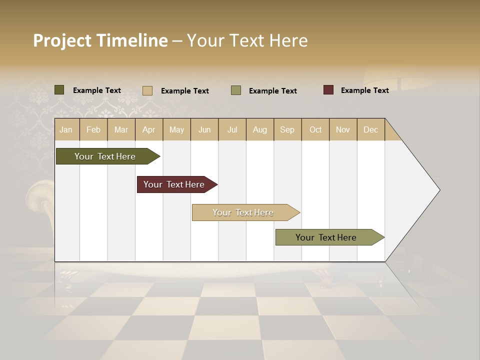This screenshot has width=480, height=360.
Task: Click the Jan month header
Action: pyautogui.click(x=66, y=129)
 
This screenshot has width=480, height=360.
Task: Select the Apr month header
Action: pyautogui.click(x=148, y=129)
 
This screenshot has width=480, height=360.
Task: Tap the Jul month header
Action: pyautogui.click(x=232, y=129)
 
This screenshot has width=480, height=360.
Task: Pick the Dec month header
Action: pyautogui.click(x=370, y=129)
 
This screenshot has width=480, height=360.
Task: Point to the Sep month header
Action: pyautogui.click(x=287, y=129)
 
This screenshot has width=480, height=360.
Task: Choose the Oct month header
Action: pyautogui.click(x=315, y=129)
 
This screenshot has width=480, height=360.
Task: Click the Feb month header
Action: pyautogui.click(x=93, y=129)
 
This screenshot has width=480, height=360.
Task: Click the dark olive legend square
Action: pyautogui.click(x=59, y=90)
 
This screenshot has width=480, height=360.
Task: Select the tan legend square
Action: pyautogui.click(x=147, y=90)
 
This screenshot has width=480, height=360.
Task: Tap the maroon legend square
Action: pyautogui.click(x=328, y=90)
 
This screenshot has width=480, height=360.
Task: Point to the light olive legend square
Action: pyautogui.click(x=236, y=90)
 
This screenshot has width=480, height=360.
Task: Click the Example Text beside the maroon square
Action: pyautogui.click(x=364, y=90)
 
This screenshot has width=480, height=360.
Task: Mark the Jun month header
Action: pyautogui.click(x=204, y=129)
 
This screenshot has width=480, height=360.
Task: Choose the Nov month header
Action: pyautogui.click(x=343, y=129)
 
